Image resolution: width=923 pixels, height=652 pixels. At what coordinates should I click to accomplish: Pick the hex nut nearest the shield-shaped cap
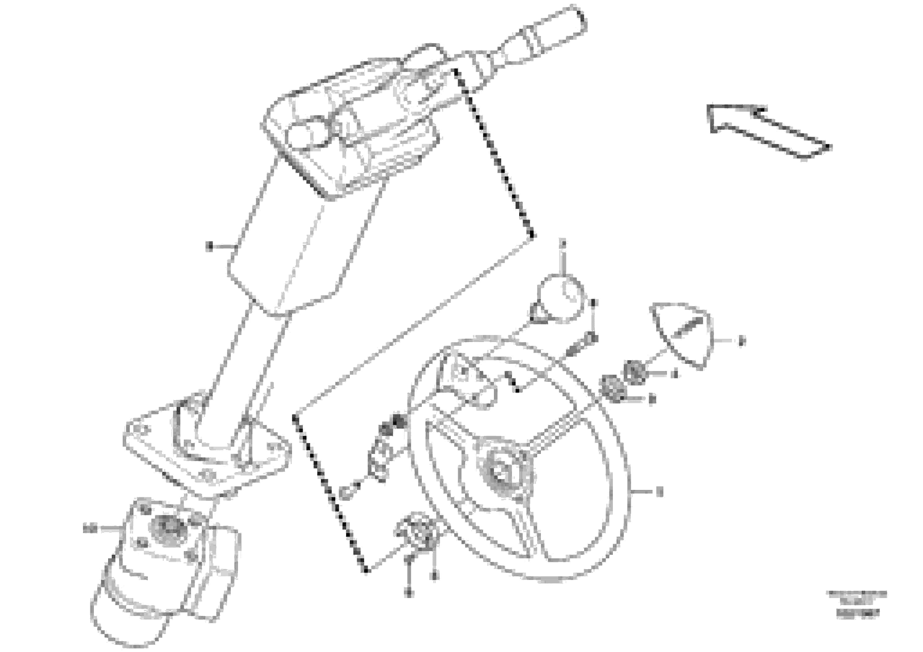point(635,372)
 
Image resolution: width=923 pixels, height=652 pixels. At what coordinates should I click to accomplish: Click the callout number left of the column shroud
point(209,246)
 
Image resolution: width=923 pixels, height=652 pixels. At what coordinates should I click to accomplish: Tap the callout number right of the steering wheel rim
point(658,492)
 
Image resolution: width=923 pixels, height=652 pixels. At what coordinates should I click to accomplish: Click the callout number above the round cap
point(563,243)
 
